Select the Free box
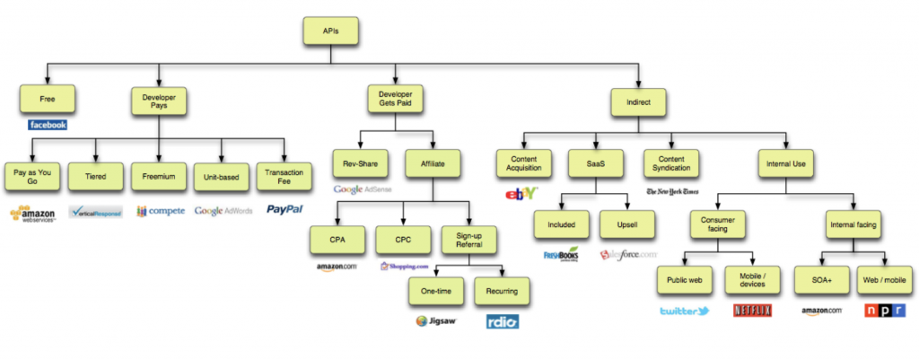[x=47, y=98]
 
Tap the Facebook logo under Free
[x=47, y=125]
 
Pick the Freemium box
[x=159, y=176]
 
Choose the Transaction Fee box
[x=285, y=176]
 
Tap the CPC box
[x=400, y=240]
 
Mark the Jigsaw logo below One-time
[x=436, y=320]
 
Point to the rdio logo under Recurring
[x=501, y=320]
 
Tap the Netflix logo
[x=752, y=312]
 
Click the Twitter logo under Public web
[x=684, y=312]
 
